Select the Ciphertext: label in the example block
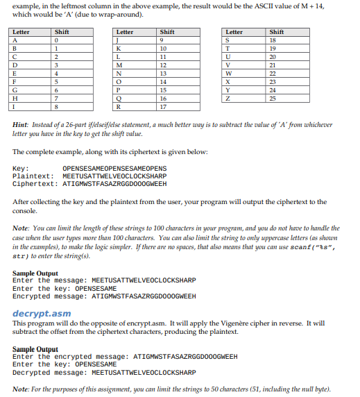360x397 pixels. pos(32,184)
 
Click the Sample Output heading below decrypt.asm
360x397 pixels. pos(35,348)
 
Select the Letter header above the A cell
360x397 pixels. pos(22,32)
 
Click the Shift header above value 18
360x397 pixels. pos(276,32)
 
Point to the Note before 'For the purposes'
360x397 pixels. pos(20,388)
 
